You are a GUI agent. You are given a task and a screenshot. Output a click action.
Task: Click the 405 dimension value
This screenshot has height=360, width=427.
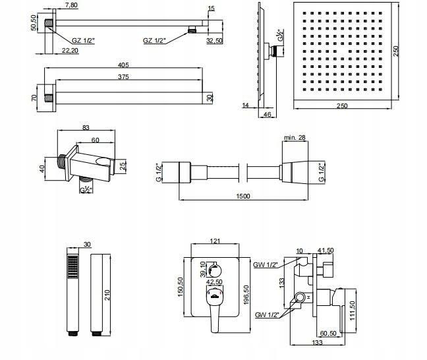(x=123, y=65)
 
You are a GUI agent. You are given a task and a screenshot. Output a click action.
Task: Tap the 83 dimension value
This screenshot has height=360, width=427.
(x=86, y=129)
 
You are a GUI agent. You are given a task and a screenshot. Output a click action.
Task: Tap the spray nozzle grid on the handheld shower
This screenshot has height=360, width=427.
(x=73, y=266)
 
